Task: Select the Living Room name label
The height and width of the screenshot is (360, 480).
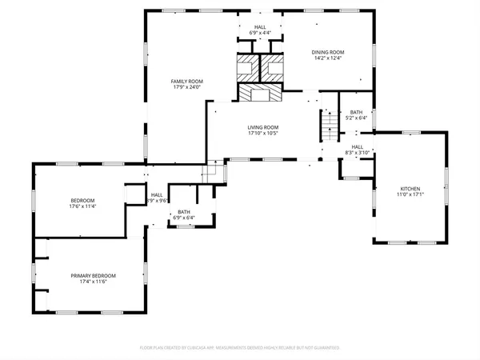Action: click(262, 126)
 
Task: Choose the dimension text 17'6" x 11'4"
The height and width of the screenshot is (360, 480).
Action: click(82, 206)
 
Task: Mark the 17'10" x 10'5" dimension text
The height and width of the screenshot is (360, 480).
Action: click(262, 133)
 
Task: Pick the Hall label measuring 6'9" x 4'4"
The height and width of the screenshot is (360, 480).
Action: click(260, 27)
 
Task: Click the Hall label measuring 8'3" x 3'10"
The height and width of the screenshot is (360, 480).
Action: click(357, 146)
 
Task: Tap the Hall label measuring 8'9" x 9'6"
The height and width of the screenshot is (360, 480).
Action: click(158, 194)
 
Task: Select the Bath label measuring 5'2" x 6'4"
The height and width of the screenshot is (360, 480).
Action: click(357, 112)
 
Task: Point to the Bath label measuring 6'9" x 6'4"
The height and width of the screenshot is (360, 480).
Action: click(184, 212)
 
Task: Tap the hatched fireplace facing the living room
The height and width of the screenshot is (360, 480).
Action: click(260, 94)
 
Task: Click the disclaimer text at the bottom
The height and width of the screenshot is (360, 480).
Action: click(240, 348)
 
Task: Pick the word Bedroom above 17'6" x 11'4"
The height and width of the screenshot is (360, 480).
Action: click(82, 200)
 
